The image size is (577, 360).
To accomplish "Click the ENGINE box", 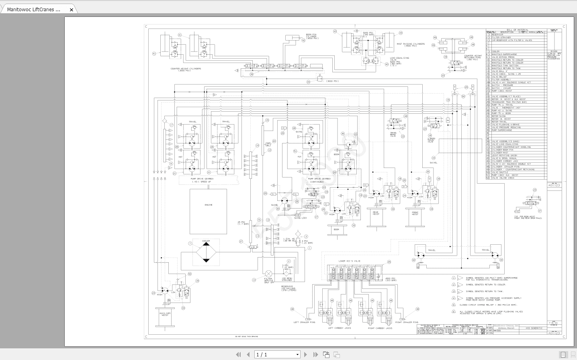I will click(x=208, y=211).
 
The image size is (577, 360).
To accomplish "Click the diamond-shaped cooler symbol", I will click(x=206, y=252).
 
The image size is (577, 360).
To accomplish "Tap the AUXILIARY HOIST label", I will click(x=165, y=314).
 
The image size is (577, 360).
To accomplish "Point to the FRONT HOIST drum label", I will click(x=415, y=213).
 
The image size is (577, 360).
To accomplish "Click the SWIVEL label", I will click(x=434, y=163).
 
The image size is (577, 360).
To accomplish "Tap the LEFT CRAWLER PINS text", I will click(x=305, y=322).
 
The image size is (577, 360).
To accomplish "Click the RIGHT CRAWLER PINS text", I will click(x=407, y=322).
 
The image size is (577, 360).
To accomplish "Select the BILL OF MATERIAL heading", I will click(x=518, y=30).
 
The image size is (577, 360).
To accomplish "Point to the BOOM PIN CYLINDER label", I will click(x=311, y=36).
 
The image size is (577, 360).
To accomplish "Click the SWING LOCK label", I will click(x=300, y=218).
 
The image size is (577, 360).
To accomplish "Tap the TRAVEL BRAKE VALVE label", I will click(x=393, y=134).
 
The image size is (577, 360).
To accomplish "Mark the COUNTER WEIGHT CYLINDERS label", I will click(x=186, y=70).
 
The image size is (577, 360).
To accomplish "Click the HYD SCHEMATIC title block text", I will click(x=534, y=328).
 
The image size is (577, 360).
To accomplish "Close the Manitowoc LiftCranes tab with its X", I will click(x=72, y=10).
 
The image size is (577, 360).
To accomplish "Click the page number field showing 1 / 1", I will click(x=277, y=354).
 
